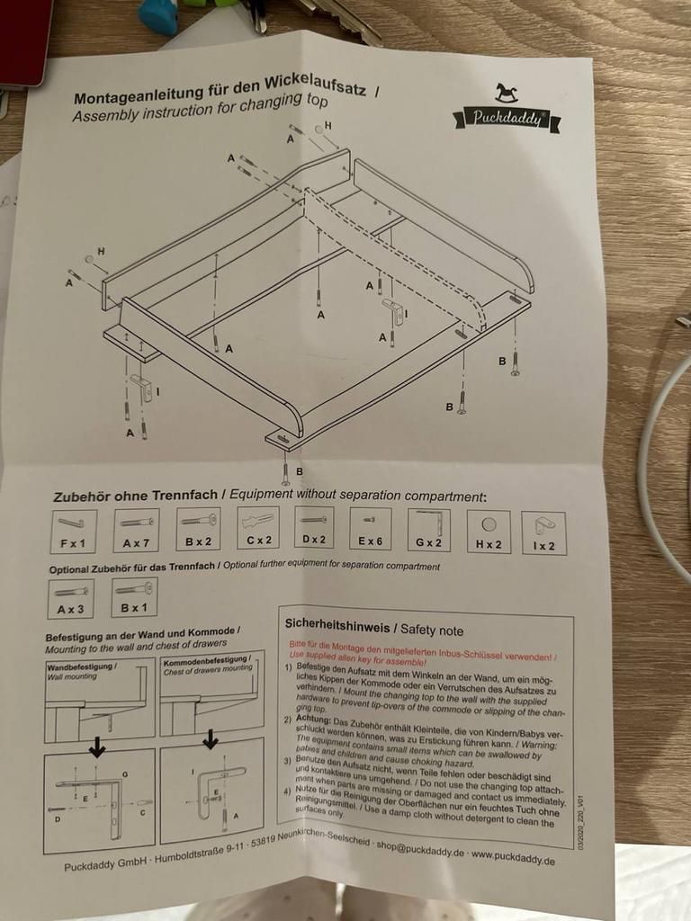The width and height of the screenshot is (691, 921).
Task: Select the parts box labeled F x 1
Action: tap(73, 531)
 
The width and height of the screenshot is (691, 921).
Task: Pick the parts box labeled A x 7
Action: tap(137, 530)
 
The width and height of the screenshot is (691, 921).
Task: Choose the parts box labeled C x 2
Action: tap(259, 529)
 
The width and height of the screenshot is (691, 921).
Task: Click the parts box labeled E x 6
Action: tap(371, 529)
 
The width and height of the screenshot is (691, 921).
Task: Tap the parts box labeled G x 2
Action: tap(428, 530)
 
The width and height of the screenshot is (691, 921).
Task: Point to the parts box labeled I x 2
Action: tap(543, 532)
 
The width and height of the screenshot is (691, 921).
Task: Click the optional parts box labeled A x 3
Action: tap(71, 598)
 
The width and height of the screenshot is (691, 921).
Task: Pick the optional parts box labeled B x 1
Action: tap(134, 597)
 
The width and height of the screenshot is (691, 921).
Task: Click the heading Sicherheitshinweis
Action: tap(338, 624)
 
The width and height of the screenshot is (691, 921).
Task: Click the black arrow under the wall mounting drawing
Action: tap(97, 747)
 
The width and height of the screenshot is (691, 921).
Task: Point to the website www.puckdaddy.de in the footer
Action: tap(513, 857)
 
